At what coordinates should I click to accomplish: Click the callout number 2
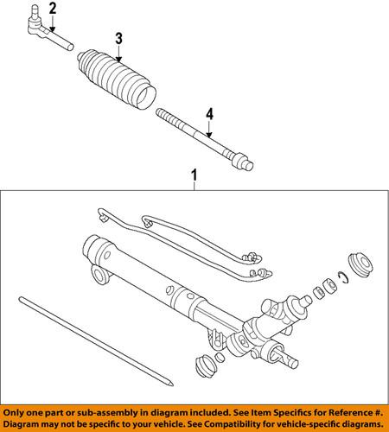53,10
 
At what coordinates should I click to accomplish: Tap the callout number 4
207,113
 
